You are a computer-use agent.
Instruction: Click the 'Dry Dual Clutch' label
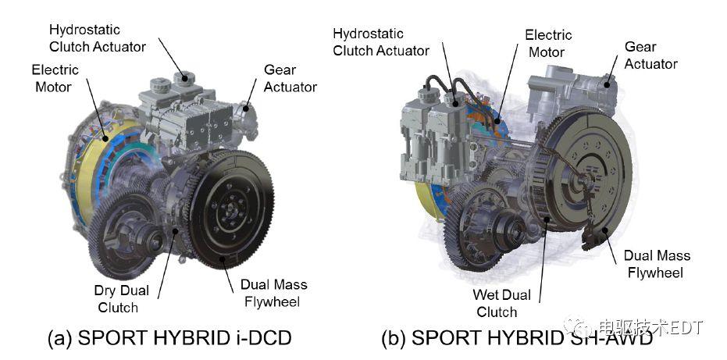[122, 299]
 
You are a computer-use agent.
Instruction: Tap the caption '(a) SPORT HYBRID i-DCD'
[169, 338]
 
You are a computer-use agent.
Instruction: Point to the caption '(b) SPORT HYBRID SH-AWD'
[517, 338]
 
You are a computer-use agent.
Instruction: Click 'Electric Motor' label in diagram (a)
[55, 78]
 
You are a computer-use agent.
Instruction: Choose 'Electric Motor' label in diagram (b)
[548, 43]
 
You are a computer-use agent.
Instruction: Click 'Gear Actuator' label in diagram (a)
[290, 78]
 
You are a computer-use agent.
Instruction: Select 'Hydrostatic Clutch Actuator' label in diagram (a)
[98, 38]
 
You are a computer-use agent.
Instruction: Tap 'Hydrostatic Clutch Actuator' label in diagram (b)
[381, 42]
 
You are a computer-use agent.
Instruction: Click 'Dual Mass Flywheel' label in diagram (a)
[273, 294]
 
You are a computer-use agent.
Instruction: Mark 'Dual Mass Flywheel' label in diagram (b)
[657, 264]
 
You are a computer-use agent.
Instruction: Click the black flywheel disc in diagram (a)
[230, 210]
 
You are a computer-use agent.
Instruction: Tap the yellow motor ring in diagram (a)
[91, 167]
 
